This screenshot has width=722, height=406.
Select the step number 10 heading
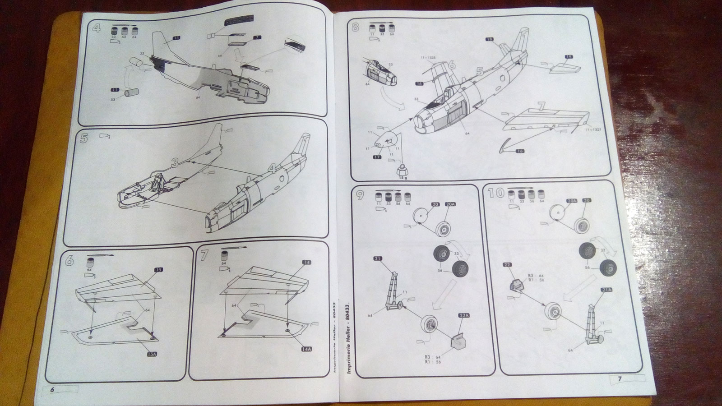(x=495, y=194)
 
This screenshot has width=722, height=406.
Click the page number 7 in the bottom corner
(x=619, y=379)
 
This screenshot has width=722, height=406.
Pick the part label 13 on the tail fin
(x=176, y=39)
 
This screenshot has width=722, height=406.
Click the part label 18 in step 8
(x=489, y=40)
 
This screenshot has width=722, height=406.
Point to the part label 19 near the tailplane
(x=568, y=56)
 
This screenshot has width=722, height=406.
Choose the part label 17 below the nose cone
(x=377, y=157)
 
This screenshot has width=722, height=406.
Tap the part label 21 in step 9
(x=378, y=259)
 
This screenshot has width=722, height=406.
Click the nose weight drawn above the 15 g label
(x=400, y=170)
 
